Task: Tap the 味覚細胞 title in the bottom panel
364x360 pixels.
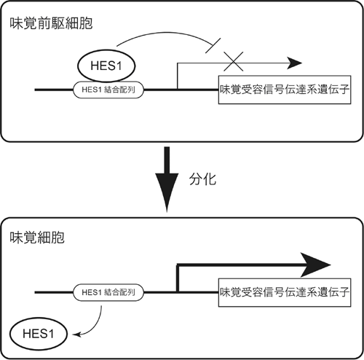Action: pos(40,238)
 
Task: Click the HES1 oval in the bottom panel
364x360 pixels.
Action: pos(37,334)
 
